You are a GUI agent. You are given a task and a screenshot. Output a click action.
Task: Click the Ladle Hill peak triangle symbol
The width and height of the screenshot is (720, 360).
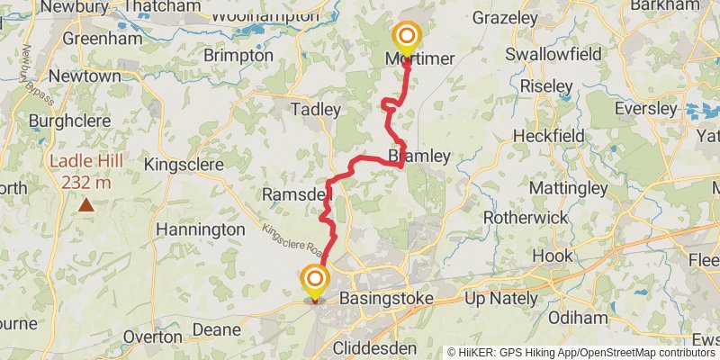[x=85, y=205]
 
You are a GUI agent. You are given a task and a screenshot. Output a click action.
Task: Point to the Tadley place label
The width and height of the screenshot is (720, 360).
[x=315, y=110]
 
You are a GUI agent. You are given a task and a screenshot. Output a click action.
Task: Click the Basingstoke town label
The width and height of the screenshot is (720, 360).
[x=386, y=298]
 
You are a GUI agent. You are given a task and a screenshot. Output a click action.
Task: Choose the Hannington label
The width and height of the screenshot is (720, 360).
[x=200, y=229]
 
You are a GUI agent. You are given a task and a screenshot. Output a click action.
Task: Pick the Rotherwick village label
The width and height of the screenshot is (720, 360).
[x=526, y=218]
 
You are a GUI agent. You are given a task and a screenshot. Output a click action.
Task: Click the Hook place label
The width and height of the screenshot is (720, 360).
[x=552, y=256]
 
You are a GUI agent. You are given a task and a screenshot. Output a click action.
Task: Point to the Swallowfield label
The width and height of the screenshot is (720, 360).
[x=553, y=54]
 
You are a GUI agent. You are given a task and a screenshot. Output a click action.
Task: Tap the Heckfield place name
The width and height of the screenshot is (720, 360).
[x=548, y=135]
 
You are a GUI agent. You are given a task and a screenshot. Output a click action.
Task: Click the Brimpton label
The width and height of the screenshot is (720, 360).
[x=238, y=55]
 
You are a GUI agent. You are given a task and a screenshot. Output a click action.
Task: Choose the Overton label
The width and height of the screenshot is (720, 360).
[x=153, y=336]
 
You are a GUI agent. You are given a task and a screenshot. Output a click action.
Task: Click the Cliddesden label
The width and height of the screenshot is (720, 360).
[x=374, y=346]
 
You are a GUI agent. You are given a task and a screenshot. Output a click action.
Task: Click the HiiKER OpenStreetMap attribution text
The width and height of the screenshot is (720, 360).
[x=581, y=353]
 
